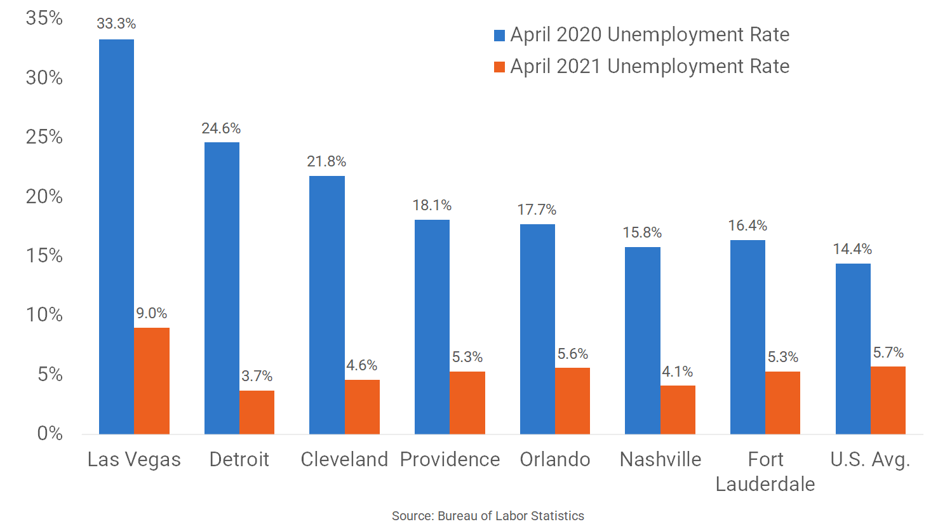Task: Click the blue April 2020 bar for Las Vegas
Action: (x=116, y=236)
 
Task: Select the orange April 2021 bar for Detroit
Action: (x=257, y=412)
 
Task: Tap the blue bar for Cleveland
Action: (x=327, y=305)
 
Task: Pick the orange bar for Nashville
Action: (x=678, y=410)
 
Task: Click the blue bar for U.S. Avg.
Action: (x=853, y=349)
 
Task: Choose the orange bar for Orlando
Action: (x=572, y=401)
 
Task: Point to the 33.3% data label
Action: (x=116, y=24)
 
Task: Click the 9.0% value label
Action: (x=152, y=313)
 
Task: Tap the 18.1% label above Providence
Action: (x=432, y=205)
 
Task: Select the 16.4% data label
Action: (x=747, y=225)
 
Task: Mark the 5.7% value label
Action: (x=888, y=353)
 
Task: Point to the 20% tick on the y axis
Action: (x=44, y=196)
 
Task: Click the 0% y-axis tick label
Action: (x=50, y=433)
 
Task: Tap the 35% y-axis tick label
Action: (x=44, y=18)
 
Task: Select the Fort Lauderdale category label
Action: (x=765, y=471)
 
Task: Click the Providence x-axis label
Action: (x=450, y=459)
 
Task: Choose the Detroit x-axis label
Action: (x=239, y=459)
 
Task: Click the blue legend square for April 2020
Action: (x=499, y=36)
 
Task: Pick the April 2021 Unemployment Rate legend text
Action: (x=650, y=66)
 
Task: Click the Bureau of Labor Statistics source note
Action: (x=488, y=516)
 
